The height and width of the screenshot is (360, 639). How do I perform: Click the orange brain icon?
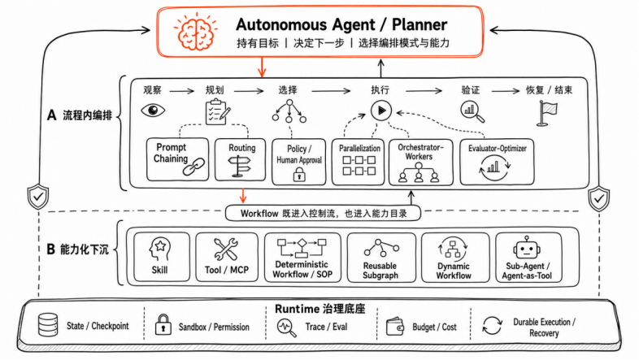[195, 32]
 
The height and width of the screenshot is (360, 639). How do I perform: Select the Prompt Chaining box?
[177, 159]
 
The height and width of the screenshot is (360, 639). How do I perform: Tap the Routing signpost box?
[240, 159]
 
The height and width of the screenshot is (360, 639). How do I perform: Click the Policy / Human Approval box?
[298, 162]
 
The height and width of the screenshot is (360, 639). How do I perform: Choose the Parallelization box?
[359, 162]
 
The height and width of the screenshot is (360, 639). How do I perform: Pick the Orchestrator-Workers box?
[420, 162]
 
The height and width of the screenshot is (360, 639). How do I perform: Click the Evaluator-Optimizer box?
[497, 162]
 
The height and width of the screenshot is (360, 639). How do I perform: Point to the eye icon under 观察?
[153, 111]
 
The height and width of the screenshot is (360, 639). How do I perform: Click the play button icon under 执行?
[381, 111]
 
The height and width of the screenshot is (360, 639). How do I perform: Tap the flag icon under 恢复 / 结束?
[547, 114]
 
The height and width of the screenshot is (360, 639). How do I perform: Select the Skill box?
[162, 257]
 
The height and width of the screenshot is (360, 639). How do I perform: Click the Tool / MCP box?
[227, 257]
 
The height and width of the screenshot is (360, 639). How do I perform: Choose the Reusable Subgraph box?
[381, 258]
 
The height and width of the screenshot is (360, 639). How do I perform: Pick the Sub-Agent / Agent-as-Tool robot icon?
[527, 248]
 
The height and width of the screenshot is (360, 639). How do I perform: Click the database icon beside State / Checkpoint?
[48, 324]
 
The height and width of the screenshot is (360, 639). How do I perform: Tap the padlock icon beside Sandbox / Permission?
[163, 324]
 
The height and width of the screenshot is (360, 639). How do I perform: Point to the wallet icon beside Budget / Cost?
[394, 327]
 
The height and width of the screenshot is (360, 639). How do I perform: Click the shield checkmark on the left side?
[38, 197]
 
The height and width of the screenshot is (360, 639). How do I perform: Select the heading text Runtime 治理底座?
[320, 309]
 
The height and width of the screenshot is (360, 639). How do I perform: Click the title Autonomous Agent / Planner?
[341, 24]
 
